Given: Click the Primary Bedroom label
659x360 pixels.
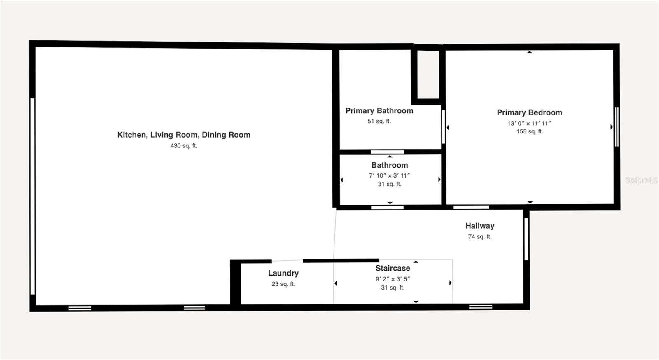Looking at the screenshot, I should pyautogui.click(x=529, y=112).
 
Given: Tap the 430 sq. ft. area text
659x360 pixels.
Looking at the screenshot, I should pyautogui.click(x=184, y=146).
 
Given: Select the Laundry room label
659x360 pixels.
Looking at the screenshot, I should pyautogui.click(x=283, y=273).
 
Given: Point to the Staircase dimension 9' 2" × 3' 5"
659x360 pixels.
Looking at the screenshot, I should pyautogui.click(x=393, y=279).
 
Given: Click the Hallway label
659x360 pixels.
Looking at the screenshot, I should pyautogui.click(x=480, y=226).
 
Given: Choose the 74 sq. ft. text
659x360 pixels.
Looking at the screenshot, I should pyautogui.click(x=480, y=237).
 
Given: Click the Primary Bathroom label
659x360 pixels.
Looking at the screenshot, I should pyautogui.click(x=379, y=111).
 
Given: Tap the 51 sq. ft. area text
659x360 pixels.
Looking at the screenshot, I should pyautogui.click(x=379, y=122).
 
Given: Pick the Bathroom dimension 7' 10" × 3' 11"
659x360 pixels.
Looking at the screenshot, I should pyautogui.click(x=389, y=175).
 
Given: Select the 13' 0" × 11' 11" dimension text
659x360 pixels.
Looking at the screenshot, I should pyautogui.click(x=529, y=123).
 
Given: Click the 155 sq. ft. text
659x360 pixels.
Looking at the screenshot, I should pyautogui.click(x=529, y=132).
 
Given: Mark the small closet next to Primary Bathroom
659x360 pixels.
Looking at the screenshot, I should pyautogui.click(x=428, y=74).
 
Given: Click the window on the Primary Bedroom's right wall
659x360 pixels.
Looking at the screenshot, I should pyautogui.click(x=617, y=126).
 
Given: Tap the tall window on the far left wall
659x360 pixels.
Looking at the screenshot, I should pyautogui.click(x=33, y=196).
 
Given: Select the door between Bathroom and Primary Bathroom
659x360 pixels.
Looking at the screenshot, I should pyautogui.click(x=387, y=152).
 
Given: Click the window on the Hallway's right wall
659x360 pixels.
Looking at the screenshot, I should pyautogui.click(x=526, y=239).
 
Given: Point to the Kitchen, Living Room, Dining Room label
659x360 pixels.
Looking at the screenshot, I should pyautogui.click(x=184, y=135).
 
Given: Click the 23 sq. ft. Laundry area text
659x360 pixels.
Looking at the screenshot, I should pyautogui.click(x=283, y=284).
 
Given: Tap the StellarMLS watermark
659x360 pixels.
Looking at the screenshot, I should pyautogui.click(x=641, y=180).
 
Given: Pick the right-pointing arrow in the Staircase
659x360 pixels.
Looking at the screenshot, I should pyautogui.click(x=450, y=283).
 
